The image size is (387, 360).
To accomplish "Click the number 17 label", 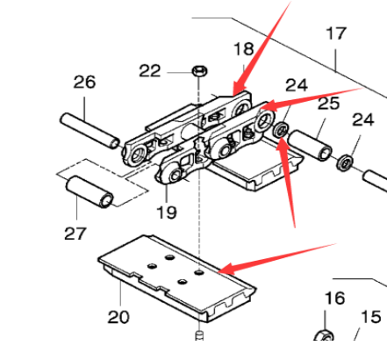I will (336, 35).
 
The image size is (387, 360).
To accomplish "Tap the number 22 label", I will (150, 69).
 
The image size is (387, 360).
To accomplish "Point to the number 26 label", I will (84, 83).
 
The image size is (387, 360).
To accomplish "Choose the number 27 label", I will (76, 234).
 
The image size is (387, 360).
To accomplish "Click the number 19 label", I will (167, 212).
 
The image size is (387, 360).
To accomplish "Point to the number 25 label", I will (328, 104).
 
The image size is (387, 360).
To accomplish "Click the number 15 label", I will (371, 317).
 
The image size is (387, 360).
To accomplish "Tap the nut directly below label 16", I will (322, 336).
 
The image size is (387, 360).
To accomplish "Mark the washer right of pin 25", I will (347, 162).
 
